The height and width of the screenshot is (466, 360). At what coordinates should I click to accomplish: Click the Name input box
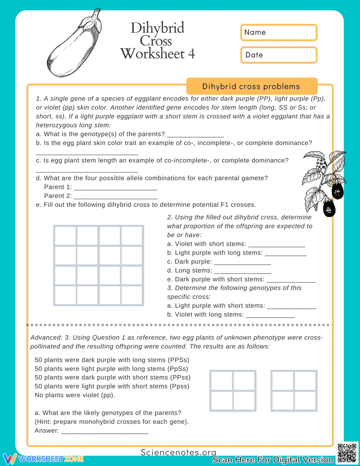(279, 32)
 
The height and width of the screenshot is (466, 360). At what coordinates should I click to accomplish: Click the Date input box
(279, 55)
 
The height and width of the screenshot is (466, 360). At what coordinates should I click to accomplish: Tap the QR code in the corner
(347, 453)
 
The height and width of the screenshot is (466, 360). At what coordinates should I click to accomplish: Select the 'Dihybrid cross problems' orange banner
(252, 86)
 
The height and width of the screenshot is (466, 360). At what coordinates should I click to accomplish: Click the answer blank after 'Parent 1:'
(115, 187)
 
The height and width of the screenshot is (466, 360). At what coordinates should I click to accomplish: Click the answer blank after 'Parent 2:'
(115, 196)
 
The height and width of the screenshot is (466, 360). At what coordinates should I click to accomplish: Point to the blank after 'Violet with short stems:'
(276, 245)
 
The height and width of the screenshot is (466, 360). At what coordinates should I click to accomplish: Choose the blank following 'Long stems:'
(242, 271)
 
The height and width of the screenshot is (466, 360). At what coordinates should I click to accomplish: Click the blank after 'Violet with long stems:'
(270, 315)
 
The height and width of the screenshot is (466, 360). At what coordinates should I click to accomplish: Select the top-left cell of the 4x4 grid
(65, 236)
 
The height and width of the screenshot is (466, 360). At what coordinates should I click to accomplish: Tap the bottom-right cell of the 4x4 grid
(132, 295)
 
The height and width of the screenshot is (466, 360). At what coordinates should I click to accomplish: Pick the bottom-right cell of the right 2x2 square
(305, 401)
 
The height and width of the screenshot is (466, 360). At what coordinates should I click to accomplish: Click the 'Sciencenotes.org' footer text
(178, 452)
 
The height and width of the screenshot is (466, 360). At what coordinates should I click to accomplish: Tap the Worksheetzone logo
(43, 459)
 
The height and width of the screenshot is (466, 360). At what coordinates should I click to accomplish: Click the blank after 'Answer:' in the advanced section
(105, 431)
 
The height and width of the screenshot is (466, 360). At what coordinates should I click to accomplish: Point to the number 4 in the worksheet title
(191, 54)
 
